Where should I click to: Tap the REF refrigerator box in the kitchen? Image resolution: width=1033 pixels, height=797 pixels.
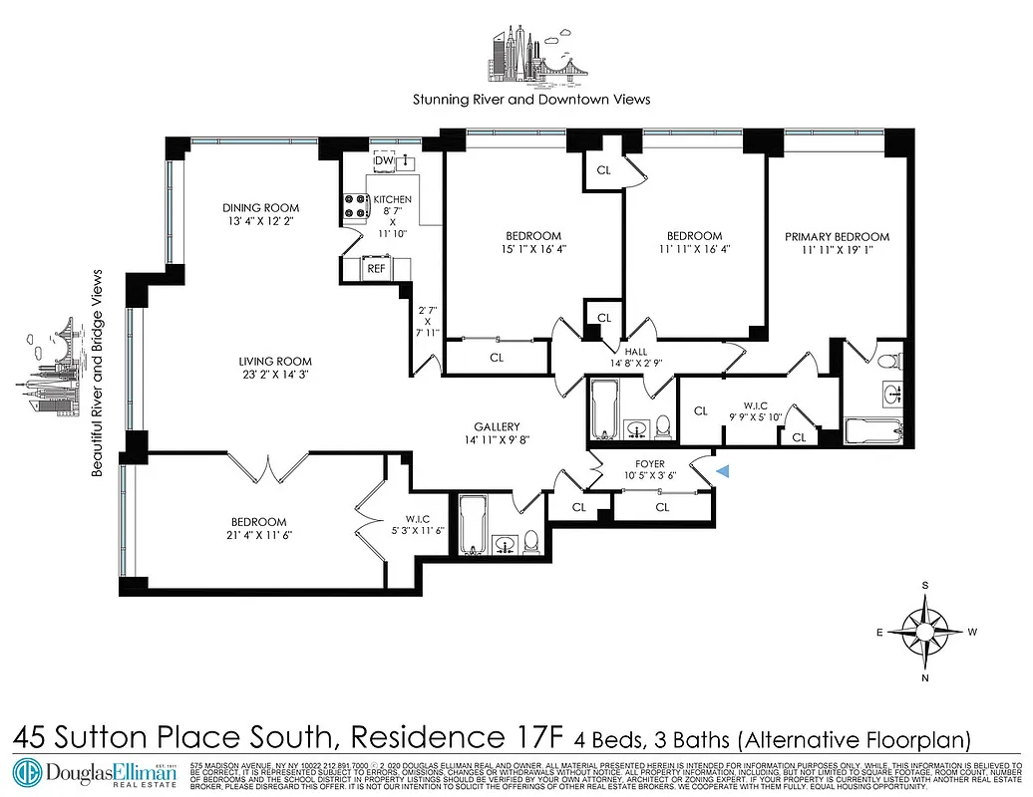376,268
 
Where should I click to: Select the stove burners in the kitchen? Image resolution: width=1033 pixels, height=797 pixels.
355,205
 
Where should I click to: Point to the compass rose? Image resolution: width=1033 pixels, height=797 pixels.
926,631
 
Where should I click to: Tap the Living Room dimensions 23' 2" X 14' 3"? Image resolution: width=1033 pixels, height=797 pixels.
274,377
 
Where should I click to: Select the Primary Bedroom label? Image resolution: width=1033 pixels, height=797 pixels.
837,237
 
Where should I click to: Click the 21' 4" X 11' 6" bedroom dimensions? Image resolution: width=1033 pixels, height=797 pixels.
258,535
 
